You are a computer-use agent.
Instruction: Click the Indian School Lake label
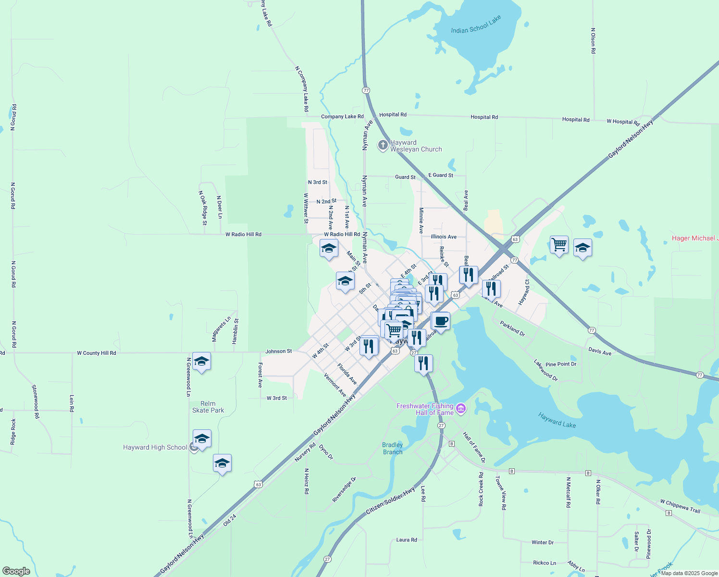476,25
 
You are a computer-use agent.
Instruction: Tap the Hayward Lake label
557,420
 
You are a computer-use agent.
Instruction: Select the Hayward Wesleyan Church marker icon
383,145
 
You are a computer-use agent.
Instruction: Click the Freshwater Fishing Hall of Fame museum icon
461,409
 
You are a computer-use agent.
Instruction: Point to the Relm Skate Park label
208,407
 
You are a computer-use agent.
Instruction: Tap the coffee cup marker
440,321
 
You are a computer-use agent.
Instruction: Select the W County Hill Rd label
97,353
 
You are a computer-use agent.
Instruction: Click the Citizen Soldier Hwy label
390,501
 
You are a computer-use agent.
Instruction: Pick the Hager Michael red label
694,238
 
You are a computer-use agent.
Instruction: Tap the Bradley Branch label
393,448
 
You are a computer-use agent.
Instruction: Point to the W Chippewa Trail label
680,505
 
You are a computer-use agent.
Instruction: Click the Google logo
16,571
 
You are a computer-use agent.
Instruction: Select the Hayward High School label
155,447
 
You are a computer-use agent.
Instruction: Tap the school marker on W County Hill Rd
201,361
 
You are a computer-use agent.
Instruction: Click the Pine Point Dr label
560,364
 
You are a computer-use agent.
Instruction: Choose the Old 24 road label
230,520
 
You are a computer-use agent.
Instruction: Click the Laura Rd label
406,540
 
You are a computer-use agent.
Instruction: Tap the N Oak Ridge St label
203,208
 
